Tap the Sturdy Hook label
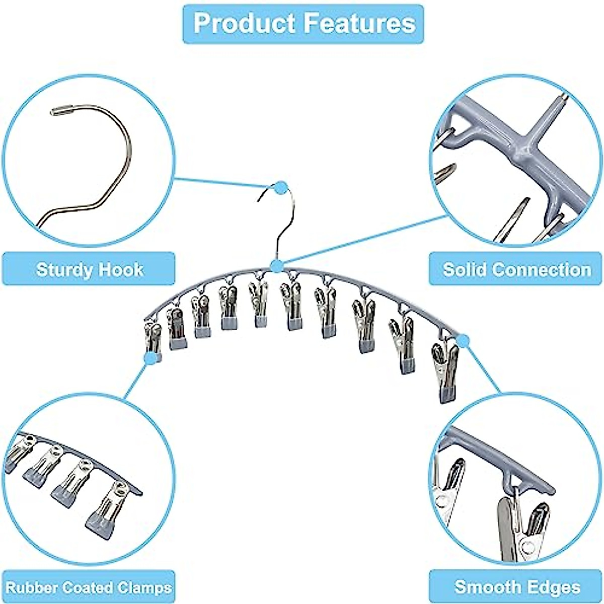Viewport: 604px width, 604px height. tap(90, 269)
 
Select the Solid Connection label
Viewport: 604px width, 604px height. tap(516, 269)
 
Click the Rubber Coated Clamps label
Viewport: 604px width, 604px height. tap(89, 587)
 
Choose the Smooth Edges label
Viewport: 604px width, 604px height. tap(516, 587)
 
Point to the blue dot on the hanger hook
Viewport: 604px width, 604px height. tap(280, 189)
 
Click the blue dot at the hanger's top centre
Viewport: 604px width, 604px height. tap(276, 266)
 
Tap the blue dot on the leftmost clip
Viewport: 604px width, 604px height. tap(149, 358)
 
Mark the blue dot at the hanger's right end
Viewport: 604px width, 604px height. tap(464, 341)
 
